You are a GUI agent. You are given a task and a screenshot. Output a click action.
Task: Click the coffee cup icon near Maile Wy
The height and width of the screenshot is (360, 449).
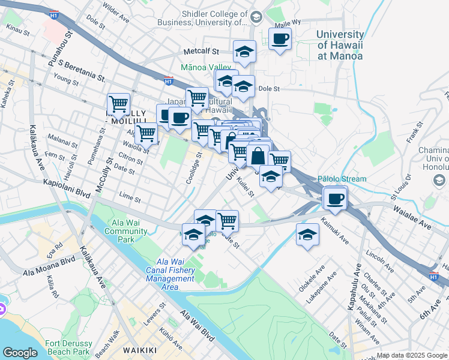pos(280,40)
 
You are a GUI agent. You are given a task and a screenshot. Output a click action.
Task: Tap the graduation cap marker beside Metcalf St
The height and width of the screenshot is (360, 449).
pos(244,52)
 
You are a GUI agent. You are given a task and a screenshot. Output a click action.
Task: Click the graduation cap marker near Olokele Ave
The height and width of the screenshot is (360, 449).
pos(307,235)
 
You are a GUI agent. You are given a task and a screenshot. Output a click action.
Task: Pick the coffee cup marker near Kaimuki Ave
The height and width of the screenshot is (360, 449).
pos(335,198)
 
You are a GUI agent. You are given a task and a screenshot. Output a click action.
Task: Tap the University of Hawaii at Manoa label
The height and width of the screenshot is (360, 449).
pos(340,45)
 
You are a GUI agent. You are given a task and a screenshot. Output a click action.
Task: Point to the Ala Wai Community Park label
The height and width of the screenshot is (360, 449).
pos(126,230)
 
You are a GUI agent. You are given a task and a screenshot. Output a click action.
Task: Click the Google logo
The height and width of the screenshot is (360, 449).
pos(20,353)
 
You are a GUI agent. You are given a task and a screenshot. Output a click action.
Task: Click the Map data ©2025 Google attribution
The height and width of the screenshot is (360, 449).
pos(412,355)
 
